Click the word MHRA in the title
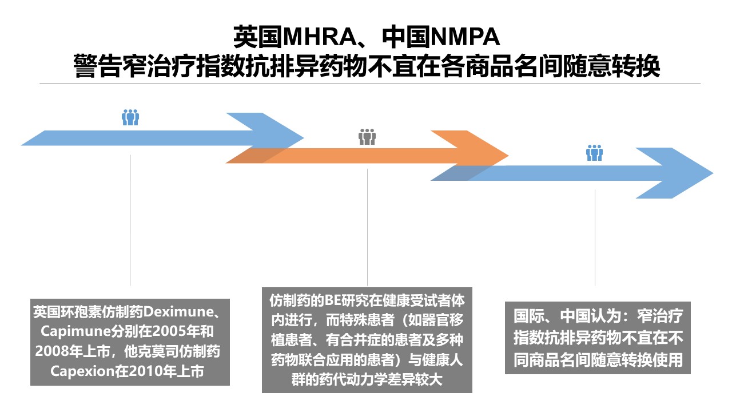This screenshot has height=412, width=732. tap(320, 37)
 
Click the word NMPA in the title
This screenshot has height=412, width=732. tap(466, 37)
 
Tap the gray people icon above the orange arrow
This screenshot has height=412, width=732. tap(367, 137)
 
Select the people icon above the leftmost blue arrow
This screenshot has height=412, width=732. tap(130, 117)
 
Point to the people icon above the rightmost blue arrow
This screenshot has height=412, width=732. tap(594, 153)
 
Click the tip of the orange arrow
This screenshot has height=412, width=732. tap(508, 156)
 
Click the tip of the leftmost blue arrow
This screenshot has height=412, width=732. tap(304, 138)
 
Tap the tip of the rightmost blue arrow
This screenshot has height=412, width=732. tap(713, 173)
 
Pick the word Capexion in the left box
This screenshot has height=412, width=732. tap(82, 371)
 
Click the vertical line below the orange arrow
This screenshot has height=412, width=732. tap(367, 227)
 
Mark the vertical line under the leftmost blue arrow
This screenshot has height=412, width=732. tap(130, 220)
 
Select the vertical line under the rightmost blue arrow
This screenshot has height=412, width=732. tap(595, 237)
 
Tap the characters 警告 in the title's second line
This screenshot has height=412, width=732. tap(98, 66)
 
